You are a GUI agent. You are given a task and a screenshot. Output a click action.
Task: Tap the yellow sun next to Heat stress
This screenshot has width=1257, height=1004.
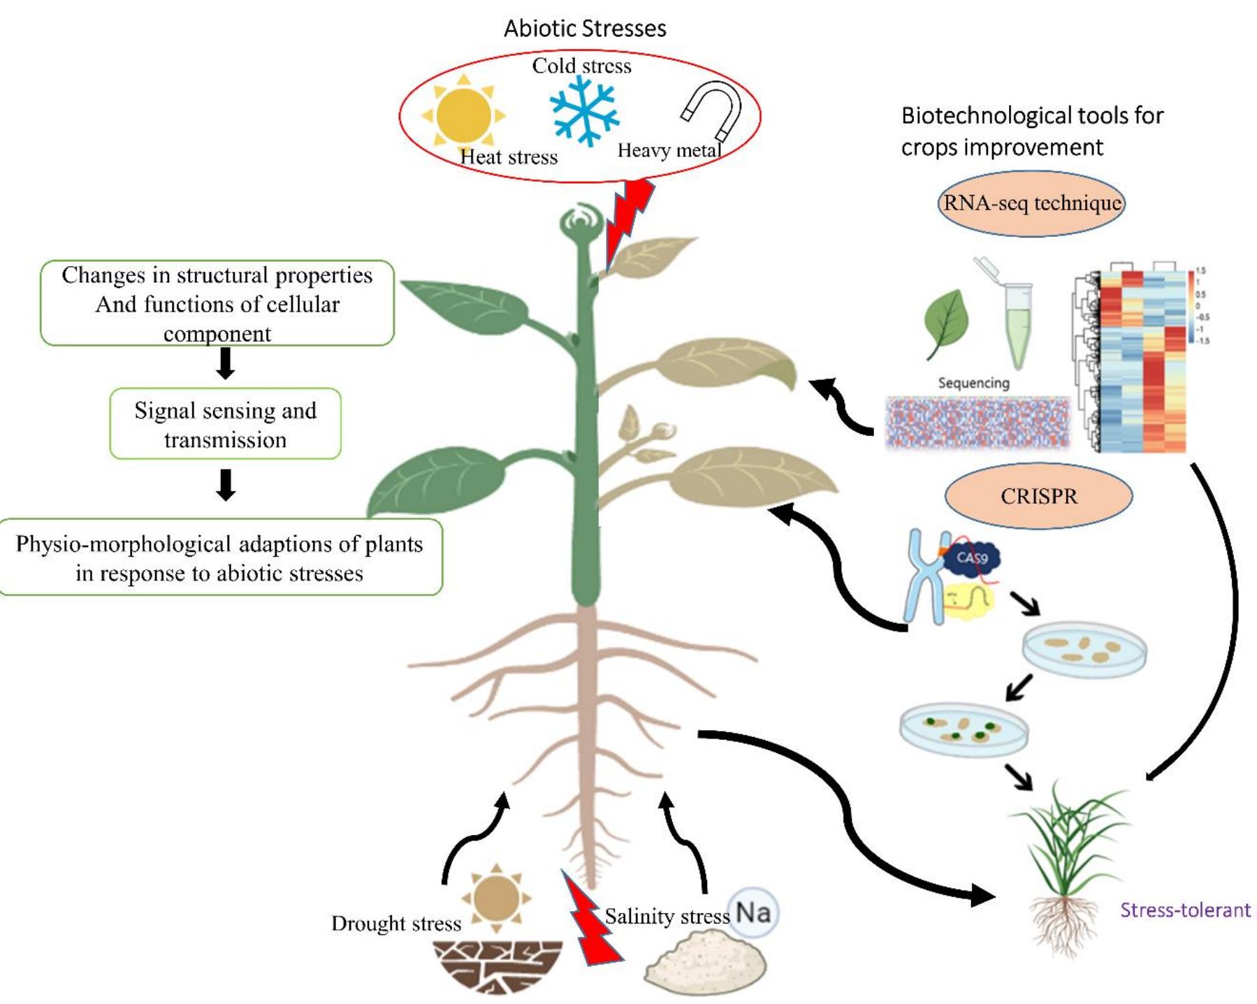coord(463,115)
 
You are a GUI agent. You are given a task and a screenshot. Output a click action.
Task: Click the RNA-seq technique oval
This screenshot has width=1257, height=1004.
coord(1031,203)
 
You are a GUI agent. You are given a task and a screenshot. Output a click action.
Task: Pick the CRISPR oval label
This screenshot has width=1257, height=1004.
coord(1038,496)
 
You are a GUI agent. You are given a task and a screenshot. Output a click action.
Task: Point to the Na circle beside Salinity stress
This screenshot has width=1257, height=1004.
coord(753,912)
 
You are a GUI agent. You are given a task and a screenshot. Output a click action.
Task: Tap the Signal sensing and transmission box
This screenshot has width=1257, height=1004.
coord(225,424)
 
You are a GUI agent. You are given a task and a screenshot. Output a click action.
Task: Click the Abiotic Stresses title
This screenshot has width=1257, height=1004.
coord(585,29)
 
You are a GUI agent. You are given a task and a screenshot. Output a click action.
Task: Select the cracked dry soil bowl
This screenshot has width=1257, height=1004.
coord(497,966)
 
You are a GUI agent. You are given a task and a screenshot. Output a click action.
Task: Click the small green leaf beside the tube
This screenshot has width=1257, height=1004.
coord(946,323)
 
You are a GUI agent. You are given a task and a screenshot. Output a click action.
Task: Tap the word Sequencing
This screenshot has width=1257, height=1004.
coord(973,383)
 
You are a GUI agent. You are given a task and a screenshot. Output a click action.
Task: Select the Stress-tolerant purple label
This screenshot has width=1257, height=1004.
coord(1185,910)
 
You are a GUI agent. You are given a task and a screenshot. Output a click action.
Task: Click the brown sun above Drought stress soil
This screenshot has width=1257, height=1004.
coord(496,898)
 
